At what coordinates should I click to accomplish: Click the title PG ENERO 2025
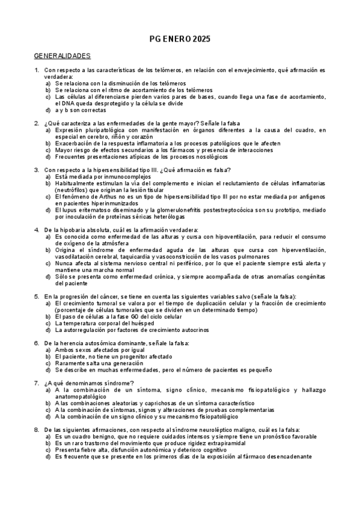[180, 39]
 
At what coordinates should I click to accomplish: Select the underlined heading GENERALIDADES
[62, 56]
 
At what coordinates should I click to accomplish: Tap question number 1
[37, 71]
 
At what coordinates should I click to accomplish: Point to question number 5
[37, 297]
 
